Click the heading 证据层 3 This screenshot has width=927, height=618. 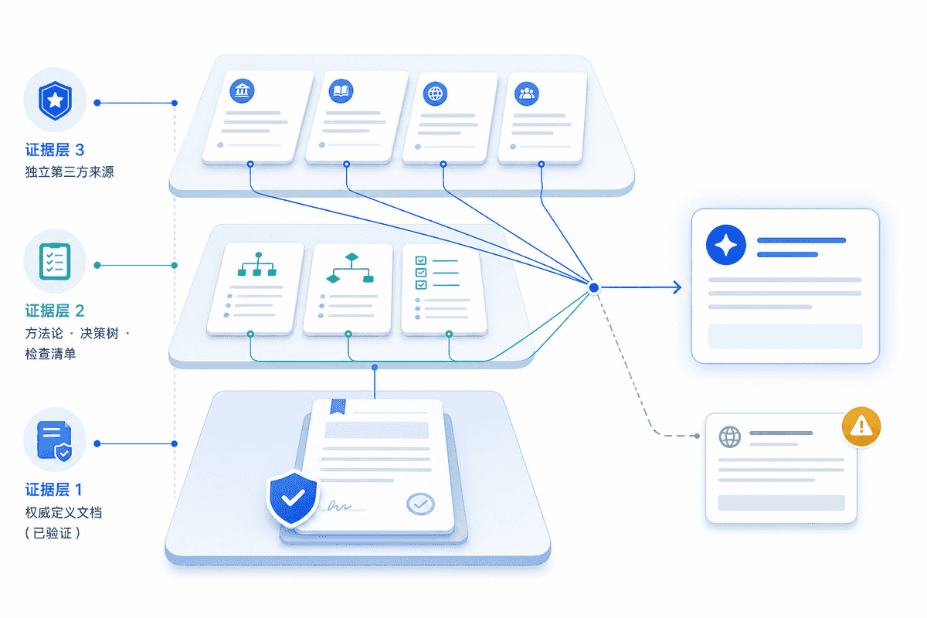tap(55, 150)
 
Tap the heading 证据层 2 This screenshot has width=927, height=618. tap(55, 311)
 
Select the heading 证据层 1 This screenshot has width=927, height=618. tap(54, 490)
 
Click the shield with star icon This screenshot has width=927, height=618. tap(55, 100)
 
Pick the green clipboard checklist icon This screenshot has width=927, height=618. tap(55, 261)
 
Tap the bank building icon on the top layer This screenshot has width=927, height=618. tap(242, 90)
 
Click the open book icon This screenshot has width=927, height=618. tap(341, 91)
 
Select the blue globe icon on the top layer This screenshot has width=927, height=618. tap(435, 93)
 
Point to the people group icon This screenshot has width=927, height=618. tap(527, 93)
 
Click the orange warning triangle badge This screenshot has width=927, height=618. tap(861, 426)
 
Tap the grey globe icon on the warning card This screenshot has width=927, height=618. tap(729, 436)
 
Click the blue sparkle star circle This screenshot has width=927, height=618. tap(726, 245)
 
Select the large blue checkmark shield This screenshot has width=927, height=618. tap(293, 498)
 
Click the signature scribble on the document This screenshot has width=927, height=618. tap(339, 506)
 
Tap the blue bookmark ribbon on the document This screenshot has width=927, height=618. tap(338, 406)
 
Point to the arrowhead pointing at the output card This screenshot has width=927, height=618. tap(677, 287)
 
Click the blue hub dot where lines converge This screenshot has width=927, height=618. tap(594, 287)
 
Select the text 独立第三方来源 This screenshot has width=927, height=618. tap(70, 171)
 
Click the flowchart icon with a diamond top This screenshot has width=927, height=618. tap(350, 268)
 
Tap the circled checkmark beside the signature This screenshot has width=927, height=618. tap(420, 504)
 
